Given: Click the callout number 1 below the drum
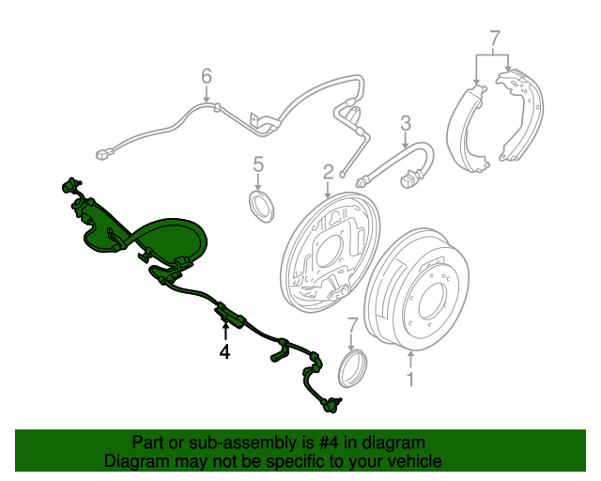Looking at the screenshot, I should [409, 379].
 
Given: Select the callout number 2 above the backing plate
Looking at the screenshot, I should [329, 172].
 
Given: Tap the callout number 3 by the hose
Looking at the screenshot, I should [406, 122].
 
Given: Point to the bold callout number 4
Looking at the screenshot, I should [224, 352].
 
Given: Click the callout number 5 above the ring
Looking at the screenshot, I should [258, 166].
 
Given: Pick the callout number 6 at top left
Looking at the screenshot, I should [207, 76].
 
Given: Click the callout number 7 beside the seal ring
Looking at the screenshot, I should [353, 325].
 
